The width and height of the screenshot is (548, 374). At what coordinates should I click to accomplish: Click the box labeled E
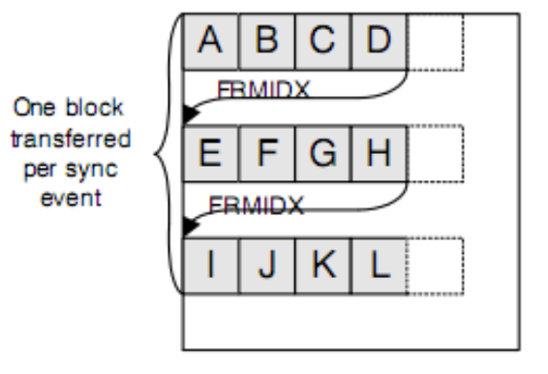click(x=207, y=154)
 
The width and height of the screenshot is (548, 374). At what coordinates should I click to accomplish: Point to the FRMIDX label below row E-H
click(x=259, y=207)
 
